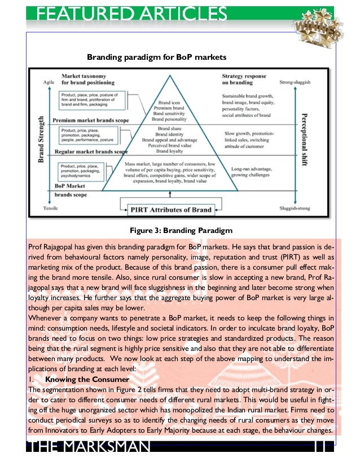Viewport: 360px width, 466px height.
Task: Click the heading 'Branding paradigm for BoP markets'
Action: coord(156,58)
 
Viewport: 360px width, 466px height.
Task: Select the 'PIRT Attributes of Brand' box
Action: coord(170,210)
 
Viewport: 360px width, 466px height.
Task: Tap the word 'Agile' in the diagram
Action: coord(50,83)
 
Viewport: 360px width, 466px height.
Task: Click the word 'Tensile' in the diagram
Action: coord(50,208)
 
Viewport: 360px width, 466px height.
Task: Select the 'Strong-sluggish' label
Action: coord(295,83)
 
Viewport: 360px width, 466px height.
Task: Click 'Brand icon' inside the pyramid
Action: coord(169,103)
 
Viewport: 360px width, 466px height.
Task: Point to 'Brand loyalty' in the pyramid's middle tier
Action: coord(169,151)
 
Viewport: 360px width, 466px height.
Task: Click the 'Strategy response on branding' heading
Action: coord(243,79)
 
